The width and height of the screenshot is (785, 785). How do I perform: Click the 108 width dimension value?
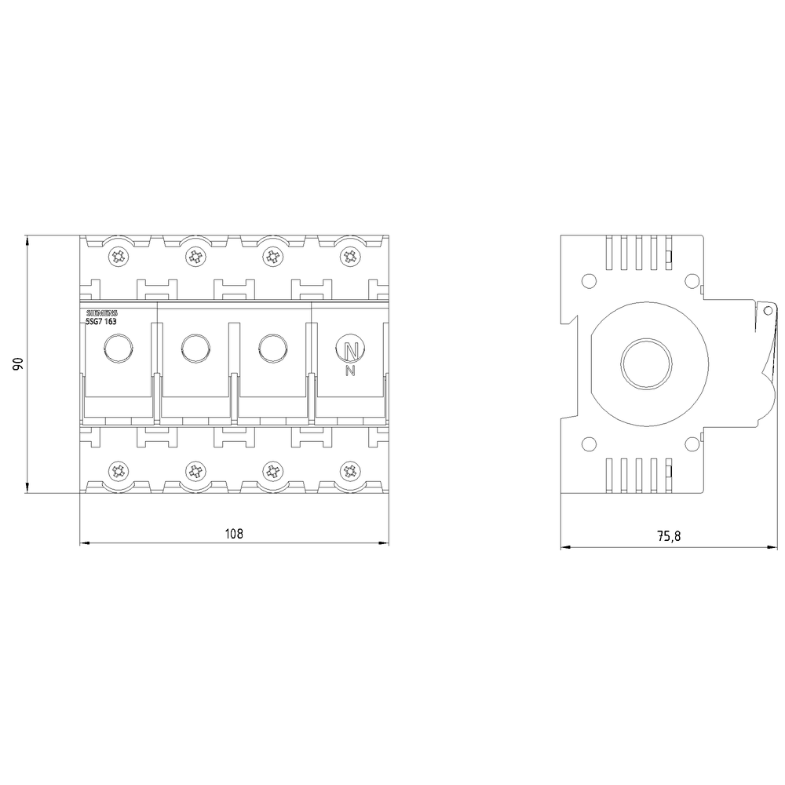click(234, 534)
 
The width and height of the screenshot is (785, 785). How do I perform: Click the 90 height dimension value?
click(18, 364)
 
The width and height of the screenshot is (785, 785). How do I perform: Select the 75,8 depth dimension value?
click(669, 536)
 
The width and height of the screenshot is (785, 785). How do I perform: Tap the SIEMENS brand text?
click(101, 313)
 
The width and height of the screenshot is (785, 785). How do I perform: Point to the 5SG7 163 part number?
click(101, 321)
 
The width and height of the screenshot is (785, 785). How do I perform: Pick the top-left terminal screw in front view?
click(119, 257)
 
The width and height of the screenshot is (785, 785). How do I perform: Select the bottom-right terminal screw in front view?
click(350, 470)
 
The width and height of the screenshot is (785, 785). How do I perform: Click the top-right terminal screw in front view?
click(350, 257)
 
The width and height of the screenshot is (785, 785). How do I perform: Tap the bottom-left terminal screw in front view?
click(119, 470)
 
